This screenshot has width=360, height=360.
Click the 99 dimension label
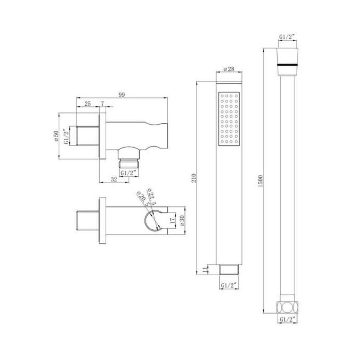pyautogui.click(x=122, y=94)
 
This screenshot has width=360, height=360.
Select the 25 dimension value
pyautogui.click(x=88, y=104)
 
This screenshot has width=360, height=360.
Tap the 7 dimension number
pyautogui.click(x=102, y=104)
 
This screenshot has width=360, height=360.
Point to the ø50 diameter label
pyautogui.click(x=56, y=136)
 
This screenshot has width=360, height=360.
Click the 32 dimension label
pyautogui.click(x=114, y=179)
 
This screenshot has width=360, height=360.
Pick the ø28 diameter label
pyautogui.click(x=229, y=69)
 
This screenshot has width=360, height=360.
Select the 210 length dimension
pyautogui.click(x=194, y=178)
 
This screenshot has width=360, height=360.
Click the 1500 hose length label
pyautogui.click(x=260, y=181)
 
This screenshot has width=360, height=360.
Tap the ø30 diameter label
pyautogui.click(x=182, y=221)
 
